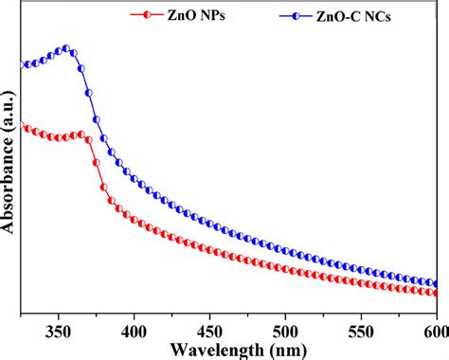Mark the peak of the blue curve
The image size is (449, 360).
[x=65, y=48]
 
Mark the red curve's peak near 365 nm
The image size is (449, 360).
[x=81, y=135]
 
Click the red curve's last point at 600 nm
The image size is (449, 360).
[x=436, y=293]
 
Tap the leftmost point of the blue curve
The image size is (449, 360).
[x=22, y=65]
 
